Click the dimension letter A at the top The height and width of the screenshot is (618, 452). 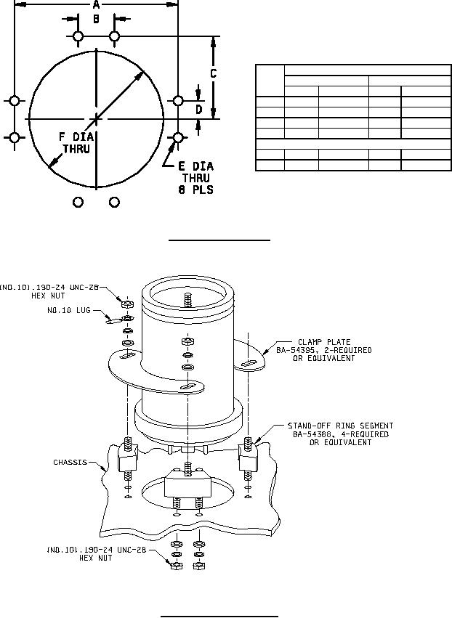[96, 4]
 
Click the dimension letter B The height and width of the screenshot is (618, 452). [96, 19]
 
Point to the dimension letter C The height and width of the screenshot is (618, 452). [213, 73]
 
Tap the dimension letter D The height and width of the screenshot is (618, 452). [199, 109]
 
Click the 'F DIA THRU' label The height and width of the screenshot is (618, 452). [76, 142]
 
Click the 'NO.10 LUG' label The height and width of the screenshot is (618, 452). [69, 311]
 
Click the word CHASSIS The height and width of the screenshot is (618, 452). [70, 462]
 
